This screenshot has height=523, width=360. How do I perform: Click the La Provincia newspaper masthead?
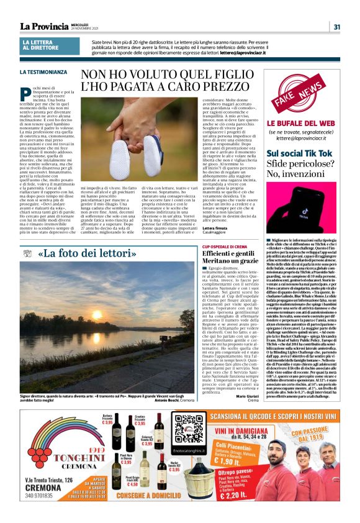(44, 26)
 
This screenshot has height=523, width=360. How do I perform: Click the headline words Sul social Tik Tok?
(299, 153)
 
